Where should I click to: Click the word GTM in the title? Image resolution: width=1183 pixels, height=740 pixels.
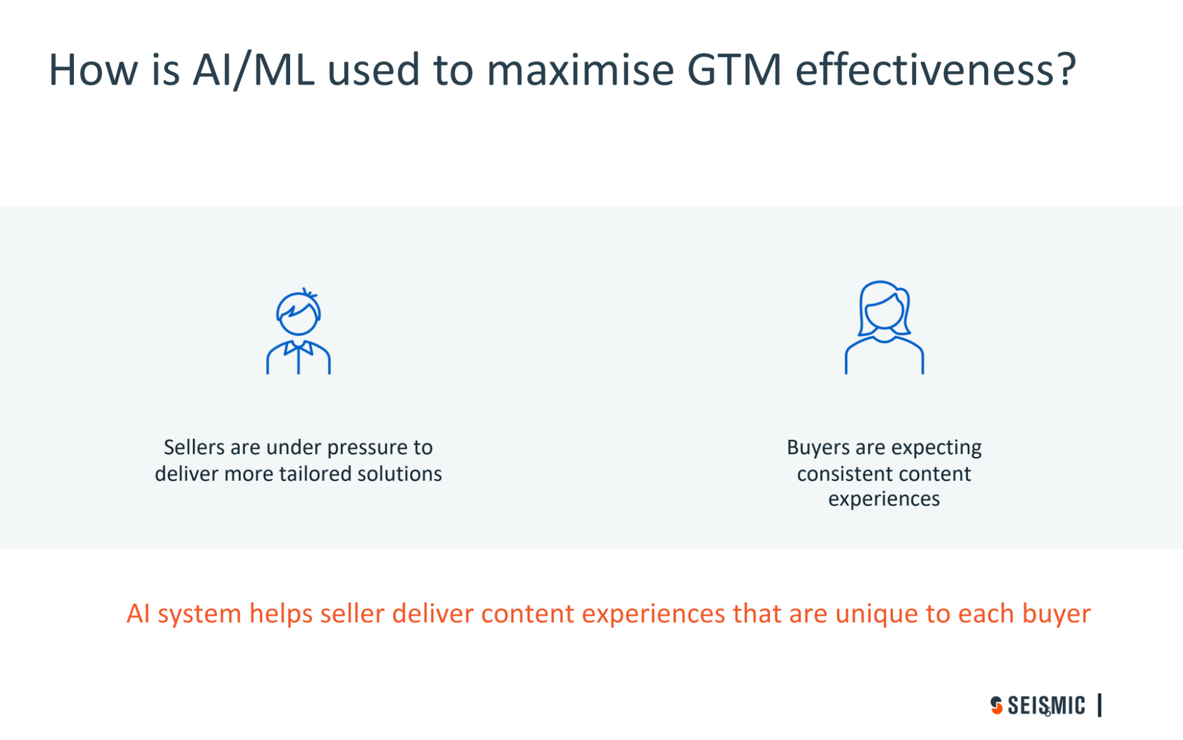pyautogui.click(x=734, y=70)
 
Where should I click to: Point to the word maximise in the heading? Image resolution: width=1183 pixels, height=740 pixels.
pyautogui.click(x=581, y=70)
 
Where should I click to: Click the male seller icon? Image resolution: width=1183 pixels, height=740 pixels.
pyautogui.click(x=298, y=331)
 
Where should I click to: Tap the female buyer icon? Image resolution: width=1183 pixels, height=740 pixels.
pyautogui.click(x=884, y=327)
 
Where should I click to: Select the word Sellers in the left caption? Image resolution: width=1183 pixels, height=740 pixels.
pyautogui.click(x=194, y=448)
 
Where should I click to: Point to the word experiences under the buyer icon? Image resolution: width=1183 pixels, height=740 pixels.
pyautogui.click(x=884, y=500)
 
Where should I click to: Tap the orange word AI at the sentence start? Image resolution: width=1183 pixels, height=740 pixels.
pyautogui.click(x=138, y=613)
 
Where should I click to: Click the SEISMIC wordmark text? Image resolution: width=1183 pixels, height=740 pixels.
pyautogui.click(x=1046, y=705)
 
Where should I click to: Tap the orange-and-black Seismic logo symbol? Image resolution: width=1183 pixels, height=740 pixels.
pyautogui.click(x=997, y=705)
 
